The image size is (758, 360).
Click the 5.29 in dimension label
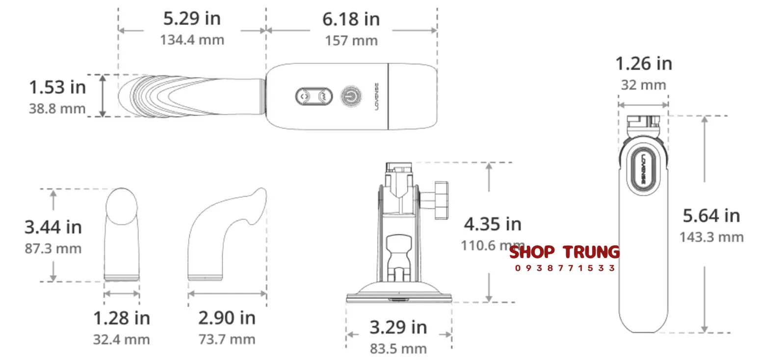click(192, 18)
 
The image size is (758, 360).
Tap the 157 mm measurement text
click(351, 41)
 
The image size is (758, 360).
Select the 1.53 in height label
click(57, 87)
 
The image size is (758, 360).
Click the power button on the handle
click(351, 97)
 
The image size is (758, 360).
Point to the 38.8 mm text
click(57, 108)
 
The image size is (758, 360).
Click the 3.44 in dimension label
click(53, 227)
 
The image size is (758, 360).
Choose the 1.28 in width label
click(122, 318)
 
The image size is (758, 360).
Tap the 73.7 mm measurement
click(227, 339)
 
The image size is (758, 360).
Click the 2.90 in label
click(227, 318)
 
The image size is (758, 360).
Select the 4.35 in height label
click(493, 224)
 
